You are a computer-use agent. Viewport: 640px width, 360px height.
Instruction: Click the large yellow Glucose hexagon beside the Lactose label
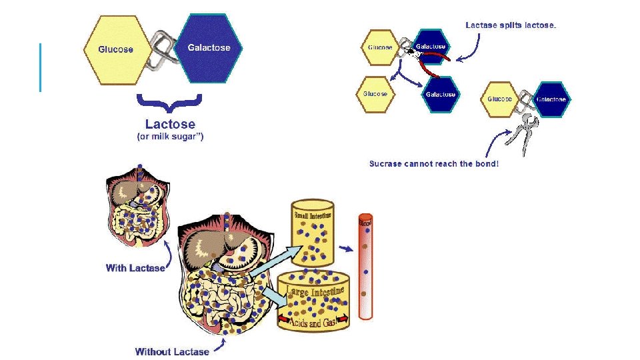pyautogui.click(x=115, y=49)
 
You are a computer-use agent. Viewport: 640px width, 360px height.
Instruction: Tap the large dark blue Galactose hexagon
pyautogui.click(x=209, y=47)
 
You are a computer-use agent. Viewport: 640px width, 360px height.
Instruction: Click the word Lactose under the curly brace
pyautogui.click(x=170, y=124)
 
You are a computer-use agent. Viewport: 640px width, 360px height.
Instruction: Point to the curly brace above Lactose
pyautogui.click(x=169, y=103)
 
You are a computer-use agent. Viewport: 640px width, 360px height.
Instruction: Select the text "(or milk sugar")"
pyautogui.click(x=170, y=137)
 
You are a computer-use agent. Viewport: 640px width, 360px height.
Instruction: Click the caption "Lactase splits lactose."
pyautogui.click(x=511, y=25)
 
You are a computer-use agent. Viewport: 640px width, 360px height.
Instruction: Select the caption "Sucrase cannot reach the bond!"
pyautogui.click(x=433, y=163)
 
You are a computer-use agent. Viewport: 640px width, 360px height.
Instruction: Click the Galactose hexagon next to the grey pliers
pyautogui.click(x=551, y=99)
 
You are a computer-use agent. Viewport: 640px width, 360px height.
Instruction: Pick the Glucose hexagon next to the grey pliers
pyautogui.click(x=499, y=99)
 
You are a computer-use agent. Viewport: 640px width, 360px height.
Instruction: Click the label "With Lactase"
pyautogui.click(x=135, y=268)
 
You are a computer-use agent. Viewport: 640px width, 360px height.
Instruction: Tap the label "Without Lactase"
pyautogui.click(x=172, y=351)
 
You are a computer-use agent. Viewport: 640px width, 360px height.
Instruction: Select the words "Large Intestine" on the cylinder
pyautogui.click(x=316, y=290)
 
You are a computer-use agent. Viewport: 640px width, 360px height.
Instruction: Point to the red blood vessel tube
pyautogui.click(x=365, y=267)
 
